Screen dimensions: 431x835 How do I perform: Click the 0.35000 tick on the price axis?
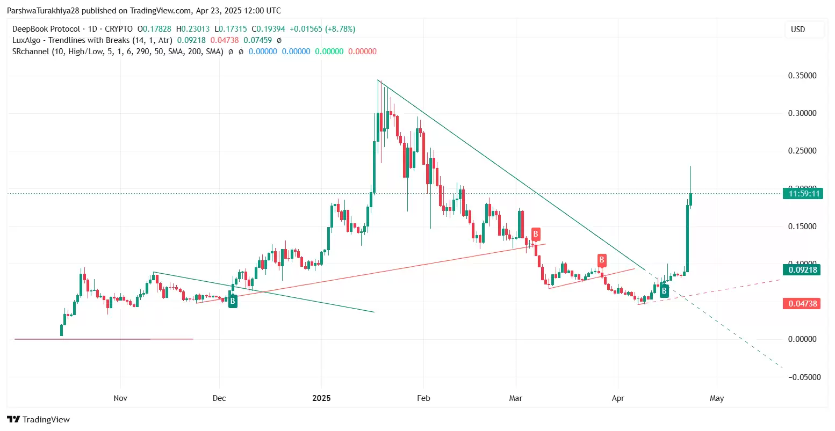802,76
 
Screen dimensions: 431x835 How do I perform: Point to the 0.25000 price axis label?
802,151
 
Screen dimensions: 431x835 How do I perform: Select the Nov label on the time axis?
120,398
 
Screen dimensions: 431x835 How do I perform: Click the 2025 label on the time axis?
321,398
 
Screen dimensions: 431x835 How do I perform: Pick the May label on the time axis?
717,398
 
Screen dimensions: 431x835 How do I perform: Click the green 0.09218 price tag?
803,269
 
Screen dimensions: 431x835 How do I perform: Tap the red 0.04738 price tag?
803,304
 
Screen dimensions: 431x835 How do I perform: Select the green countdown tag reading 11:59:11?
803,193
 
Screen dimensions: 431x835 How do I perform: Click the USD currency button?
798,30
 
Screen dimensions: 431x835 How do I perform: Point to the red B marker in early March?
536,234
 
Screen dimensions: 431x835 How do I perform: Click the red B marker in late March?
602,260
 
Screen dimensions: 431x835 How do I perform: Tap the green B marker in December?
233,301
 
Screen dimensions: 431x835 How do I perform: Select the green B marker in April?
664,291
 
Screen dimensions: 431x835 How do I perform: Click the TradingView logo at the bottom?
38,420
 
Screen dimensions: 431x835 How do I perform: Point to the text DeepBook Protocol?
46,29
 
